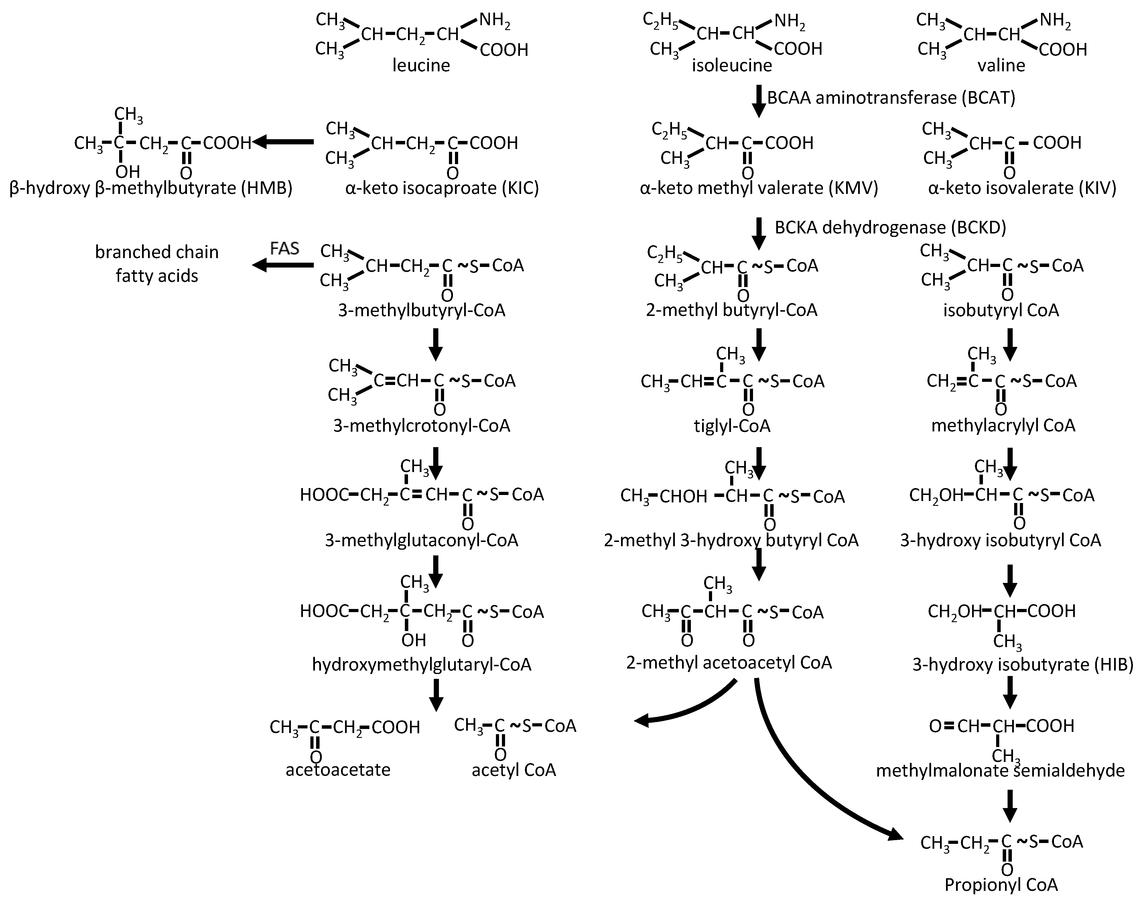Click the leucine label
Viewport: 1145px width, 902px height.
click(x=421, y=66)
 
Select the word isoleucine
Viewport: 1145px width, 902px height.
click(x=732, y=66)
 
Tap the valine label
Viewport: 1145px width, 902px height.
click(x=1001, y=66)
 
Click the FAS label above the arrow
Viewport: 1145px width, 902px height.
click(x=285, y=248)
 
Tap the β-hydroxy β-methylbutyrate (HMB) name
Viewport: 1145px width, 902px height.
click(x=151, y=188)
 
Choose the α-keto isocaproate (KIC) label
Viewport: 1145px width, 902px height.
click(x=442, y=188)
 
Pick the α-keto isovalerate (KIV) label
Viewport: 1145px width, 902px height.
click(x=1022, y=188)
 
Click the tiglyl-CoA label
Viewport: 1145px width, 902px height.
click(x=732, y=426)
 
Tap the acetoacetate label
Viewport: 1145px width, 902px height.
click(x=338, y=770)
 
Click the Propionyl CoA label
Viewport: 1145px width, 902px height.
click(x=1001, y=885)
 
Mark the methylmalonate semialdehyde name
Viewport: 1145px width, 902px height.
click(x=1000, y=771)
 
